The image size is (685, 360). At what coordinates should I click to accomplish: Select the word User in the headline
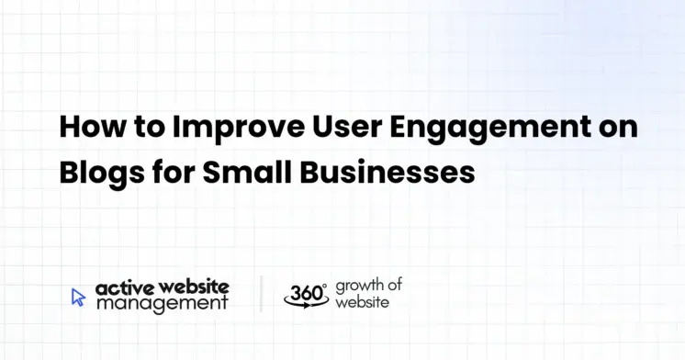[x=318, y=127]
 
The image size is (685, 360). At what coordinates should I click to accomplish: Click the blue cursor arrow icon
[x=78, y=297]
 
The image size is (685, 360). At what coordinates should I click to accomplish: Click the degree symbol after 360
[x=324, y=286]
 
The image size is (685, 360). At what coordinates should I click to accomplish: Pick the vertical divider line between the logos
[x=261, y=295]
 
